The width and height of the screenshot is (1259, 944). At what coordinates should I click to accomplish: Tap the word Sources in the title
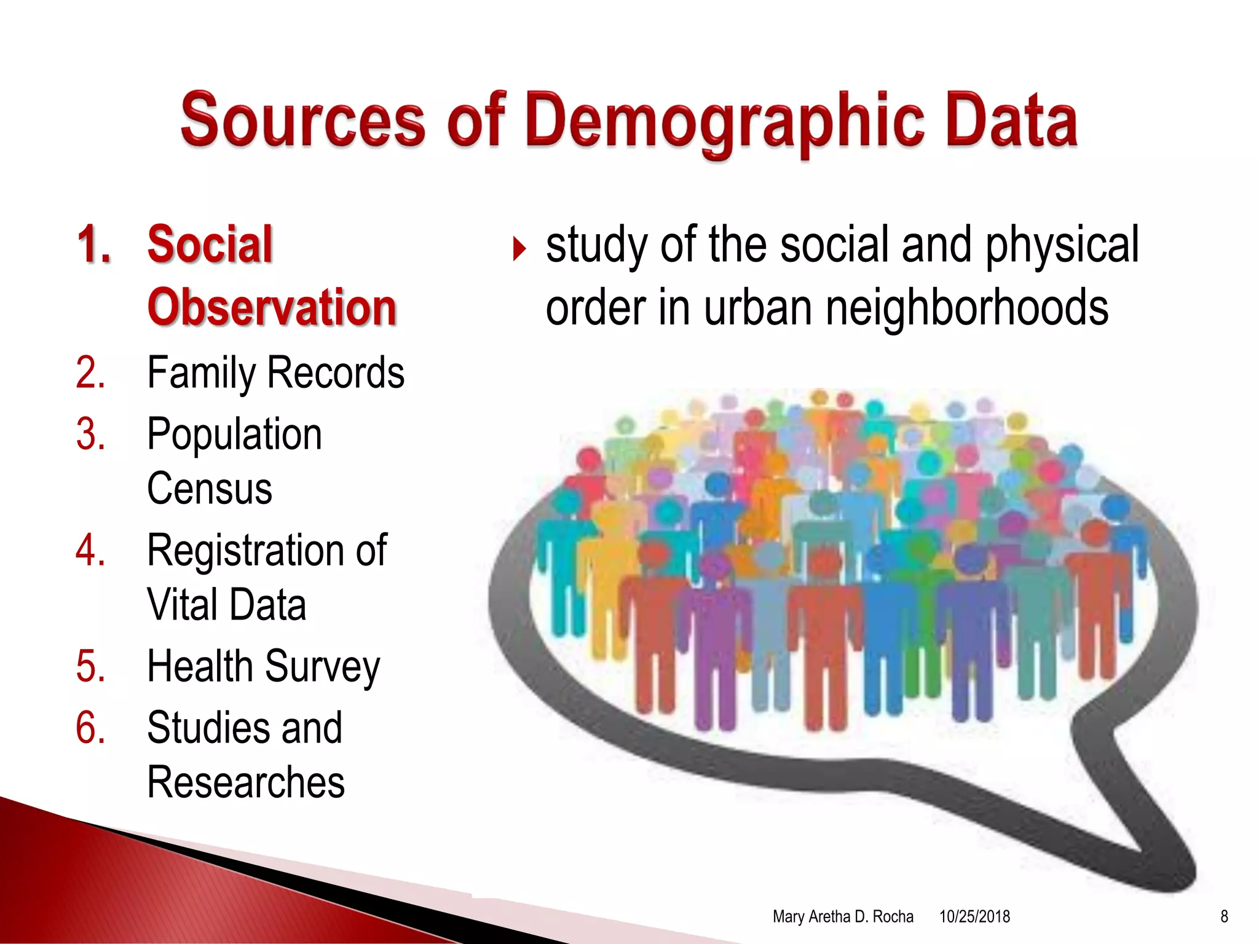tap(302, 121)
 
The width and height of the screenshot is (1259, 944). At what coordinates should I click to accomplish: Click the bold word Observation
tap(272, 307)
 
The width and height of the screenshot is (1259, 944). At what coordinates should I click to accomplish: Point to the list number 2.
tap(91, 372)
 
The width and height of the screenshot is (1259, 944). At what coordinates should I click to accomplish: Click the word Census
tap(210, 489)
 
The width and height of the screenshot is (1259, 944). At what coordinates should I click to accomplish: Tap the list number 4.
tap(91, 550)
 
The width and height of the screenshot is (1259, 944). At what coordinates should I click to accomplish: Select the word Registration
tap(245, 550)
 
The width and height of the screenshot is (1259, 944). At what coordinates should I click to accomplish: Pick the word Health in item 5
tap(200, 666)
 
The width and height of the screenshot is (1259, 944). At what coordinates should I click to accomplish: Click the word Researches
tap(246, 782)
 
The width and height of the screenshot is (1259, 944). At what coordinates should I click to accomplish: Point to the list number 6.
tap(91, 728)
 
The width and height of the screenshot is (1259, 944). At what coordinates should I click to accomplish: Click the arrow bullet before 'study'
tap(519, 249)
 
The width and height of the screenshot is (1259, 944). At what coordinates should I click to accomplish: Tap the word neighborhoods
tap(967, 308)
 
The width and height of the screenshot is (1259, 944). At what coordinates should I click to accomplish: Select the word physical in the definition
tap(1062, 245)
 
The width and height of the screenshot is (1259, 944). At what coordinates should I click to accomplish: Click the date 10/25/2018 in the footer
tap(974, 916)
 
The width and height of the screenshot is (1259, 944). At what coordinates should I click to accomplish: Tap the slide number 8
tap(1224, 916)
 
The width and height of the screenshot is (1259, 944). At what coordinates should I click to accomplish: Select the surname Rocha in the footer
tap(893, 916)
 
